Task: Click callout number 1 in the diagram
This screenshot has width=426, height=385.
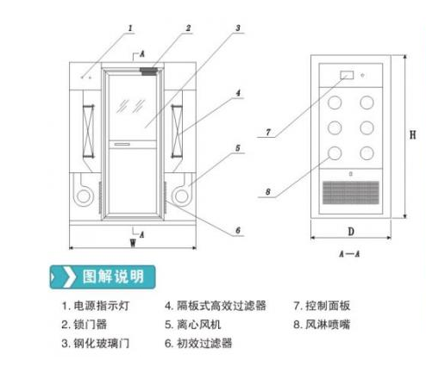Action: [130, 28]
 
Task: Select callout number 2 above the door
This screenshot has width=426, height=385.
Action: [186, 28]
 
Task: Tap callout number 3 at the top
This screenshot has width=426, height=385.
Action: [238, 28]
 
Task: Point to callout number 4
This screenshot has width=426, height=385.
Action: [238, 92]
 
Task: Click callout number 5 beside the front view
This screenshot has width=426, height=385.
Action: [238, 147]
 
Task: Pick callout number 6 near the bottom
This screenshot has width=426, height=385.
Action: [238, 230]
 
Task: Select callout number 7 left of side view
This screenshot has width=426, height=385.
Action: [269, 133]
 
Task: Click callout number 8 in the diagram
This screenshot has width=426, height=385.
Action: [269, 190]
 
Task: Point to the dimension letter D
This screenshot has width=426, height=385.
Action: [353, 232]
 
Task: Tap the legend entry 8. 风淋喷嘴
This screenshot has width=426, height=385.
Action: [323, 325]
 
